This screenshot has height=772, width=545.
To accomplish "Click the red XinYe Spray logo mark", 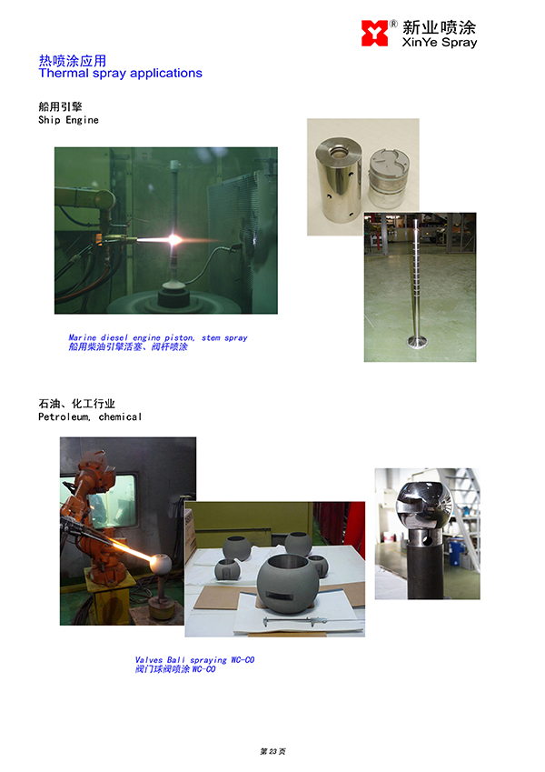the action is (374, 33).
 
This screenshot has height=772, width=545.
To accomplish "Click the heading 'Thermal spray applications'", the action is (121, 74).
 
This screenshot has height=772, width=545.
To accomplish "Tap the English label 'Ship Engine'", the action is (68, 120).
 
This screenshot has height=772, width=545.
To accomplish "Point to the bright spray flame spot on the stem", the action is (174, 240).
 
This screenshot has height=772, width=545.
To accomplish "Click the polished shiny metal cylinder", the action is (339, 179).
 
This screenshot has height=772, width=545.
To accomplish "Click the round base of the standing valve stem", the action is (416, 341).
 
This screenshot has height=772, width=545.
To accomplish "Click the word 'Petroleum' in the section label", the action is (64, 417).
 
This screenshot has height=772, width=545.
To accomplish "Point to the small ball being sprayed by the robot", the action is (161, 564).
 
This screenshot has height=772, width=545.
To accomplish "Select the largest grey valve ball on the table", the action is (287, 584).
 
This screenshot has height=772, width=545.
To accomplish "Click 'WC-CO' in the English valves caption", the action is (243, 660).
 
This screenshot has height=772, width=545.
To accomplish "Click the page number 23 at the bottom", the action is (273, 751).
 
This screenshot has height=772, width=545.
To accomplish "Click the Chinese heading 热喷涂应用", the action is (73, 61).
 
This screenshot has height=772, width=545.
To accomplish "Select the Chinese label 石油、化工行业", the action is (76, 404).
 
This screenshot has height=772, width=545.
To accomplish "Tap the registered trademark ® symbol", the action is (393, 24).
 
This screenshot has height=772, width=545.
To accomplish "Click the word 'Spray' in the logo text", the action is (460, 43).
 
